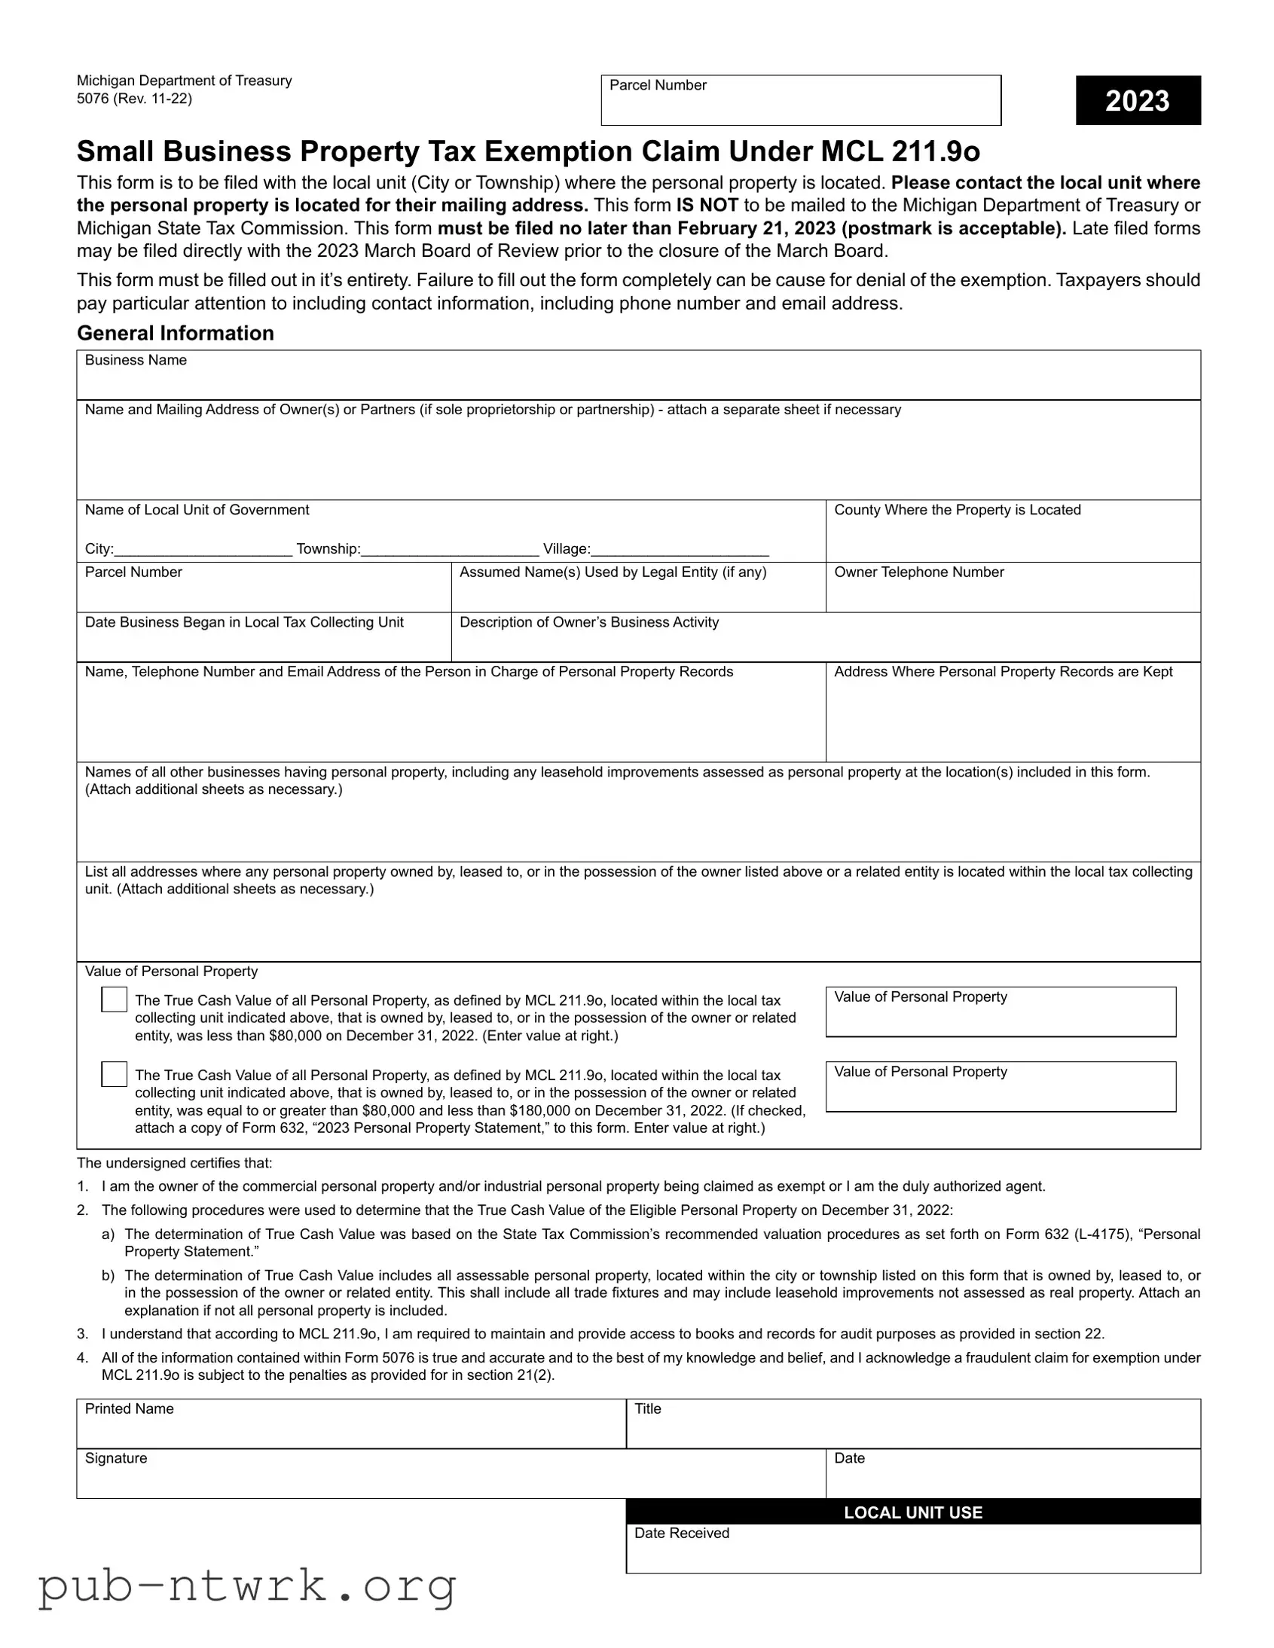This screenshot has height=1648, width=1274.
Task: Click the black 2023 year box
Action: coord(1138,100)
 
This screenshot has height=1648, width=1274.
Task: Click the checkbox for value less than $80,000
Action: coord(114,999)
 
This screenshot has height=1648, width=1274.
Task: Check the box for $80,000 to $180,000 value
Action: coord(114,1074)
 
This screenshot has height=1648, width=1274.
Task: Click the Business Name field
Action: coord(638,381)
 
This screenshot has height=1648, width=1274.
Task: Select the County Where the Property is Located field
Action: coord(1012,539)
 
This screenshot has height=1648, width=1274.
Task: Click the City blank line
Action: coord(203,550)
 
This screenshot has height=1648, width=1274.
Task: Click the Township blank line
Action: coord(450,550)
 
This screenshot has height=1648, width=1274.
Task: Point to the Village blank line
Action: coord(680,550)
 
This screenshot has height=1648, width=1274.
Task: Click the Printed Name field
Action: coord(351,1430)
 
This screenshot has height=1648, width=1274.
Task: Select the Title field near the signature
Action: coord(912,1430)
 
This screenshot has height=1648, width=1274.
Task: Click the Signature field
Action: coord(451,1481)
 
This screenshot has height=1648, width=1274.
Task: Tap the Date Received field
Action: coord(912,1555)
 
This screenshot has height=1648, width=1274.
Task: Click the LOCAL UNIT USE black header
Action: coord(912,1512)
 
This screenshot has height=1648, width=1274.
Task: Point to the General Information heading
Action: coord(175,333)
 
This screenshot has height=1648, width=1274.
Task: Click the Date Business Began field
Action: coord(264,644)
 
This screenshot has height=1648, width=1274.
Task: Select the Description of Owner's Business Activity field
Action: coord(825,644)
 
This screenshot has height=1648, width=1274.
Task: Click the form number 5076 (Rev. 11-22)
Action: coord(134,99)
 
